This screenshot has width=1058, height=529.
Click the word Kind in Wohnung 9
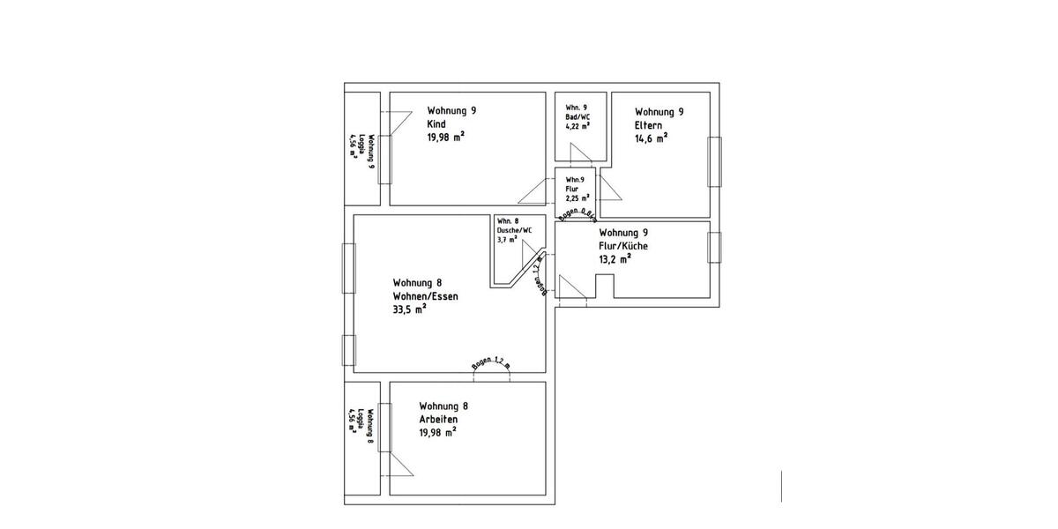pos(436,124)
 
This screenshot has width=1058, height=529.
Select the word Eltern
pos(649,125)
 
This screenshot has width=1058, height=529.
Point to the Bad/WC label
pos(578,116)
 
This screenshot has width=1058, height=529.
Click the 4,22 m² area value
pos(577,126)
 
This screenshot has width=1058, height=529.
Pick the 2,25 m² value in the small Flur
pos(577,198)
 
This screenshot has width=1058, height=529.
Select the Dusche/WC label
pos(515,229)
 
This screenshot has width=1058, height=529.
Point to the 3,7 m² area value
pos(509,239)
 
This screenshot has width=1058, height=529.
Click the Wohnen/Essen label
pos(426,296)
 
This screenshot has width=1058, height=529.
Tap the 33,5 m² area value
pos(411,309)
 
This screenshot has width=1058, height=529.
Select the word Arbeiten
pos(439,419)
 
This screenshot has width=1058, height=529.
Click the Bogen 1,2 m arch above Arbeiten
pos(492,369)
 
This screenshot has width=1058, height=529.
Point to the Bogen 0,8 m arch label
pos(577,214)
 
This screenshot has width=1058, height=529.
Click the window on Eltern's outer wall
pos(715,161)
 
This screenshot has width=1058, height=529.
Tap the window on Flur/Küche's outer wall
pos(715,248)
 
